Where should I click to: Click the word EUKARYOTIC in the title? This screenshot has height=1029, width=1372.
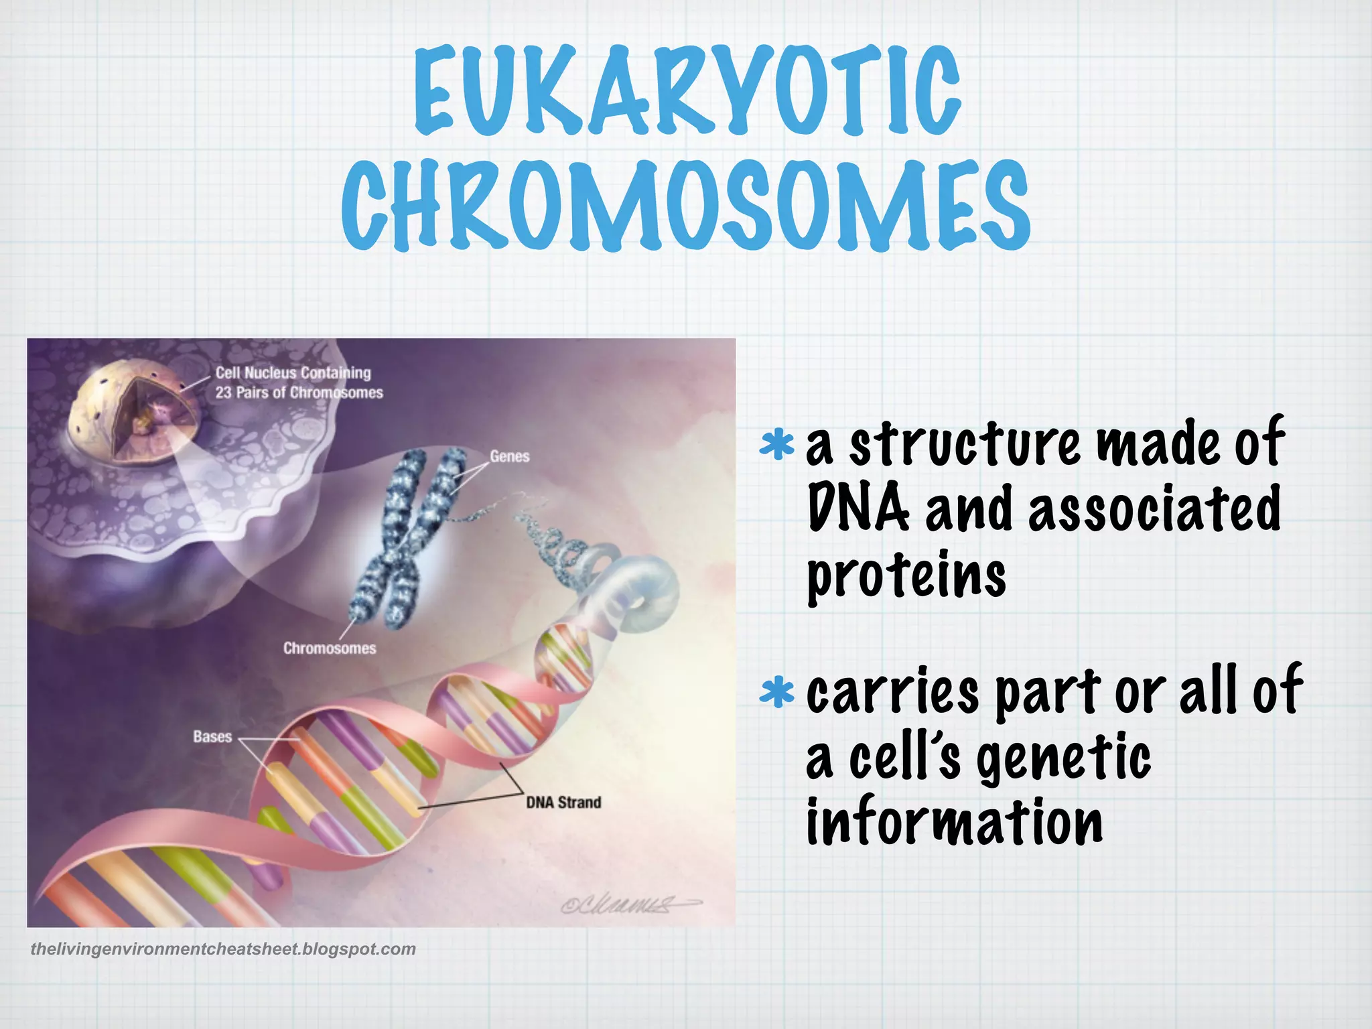pyautogui.click(x=687, y=90)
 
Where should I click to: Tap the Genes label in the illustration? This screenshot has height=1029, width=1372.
pyautogui.click(x=509, y=457)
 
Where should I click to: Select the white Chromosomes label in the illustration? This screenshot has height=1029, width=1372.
pyautogui.click(x=330, y=648)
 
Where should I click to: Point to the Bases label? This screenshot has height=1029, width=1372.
pyautogui.click(x=212, y=737)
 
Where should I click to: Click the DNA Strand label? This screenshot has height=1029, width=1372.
pyautogui.click(x=563, y=803)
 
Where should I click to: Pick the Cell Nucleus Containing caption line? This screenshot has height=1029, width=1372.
pyautogui.click(x=293, y=373)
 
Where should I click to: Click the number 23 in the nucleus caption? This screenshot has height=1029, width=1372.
pyautogui.click(x=223, y=393)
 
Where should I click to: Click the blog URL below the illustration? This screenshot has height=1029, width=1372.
pyautogui.click(x=223, y=949)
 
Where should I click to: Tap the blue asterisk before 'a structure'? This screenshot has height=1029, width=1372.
pyautogui.click(x=777, y=445)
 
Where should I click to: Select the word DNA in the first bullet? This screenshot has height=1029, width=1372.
pyautogui.click(x=857, y=509)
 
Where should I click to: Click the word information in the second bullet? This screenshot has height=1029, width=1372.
pyautogui.click(x=954, y=823)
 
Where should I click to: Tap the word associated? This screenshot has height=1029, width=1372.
pyautogui.click(x=1154, y=509)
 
